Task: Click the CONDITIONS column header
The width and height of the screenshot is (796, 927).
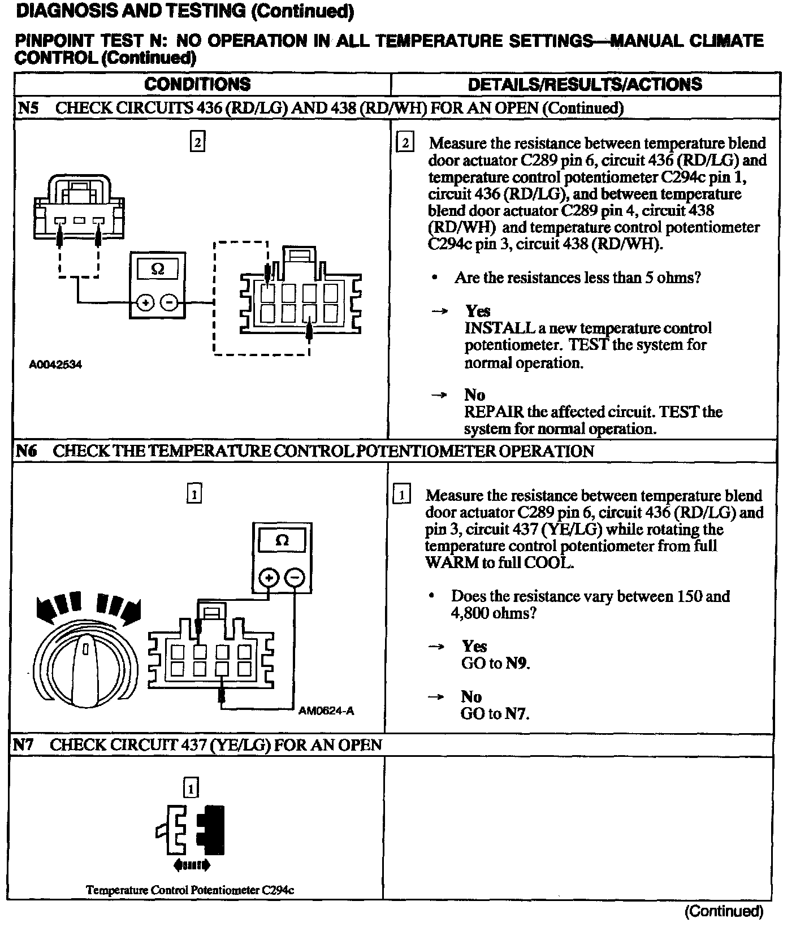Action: coord(197,84)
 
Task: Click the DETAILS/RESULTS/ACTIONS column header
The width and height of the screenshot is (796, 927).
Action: coord(585,84)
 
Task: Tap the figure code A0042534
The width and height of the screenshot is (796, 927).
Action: coord(55,365)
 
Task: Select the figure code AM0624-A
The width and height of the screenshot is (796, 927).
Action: coord(326,711)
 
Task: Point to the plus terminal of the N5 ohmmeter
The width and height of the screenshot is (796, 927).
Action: coord(146,303)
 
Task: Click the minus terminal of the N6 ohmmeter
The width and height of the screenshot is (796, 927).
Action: coord(295,577)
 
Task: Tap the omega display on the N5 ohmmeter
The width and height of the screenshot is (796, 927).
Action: coord(158,269)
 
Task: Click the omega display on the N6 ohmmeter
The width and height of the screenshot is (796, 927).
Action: coord(282,540)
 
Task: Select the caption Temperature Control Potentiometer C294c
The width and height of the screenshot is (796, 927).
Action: coord(190,890)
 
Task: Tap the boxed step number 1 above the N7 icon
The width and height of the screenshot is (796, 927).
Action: coord(191,787)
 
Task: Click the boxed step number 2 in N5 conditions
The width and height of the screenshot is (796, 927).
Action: coord(197,142)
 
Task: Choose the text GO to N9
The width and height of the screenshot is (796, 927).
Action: coord(495,662)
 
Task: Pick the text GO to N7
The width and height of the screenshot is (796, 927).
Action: coord(495,713)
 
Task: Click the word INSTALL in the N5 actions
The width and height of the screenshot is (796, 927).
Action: coord(499,328)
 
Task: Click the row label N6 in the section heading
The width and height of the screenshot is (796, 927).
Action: coord(26,451)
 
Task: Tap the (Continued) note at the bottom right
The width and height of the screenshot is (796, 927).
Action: coord(724,911)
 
